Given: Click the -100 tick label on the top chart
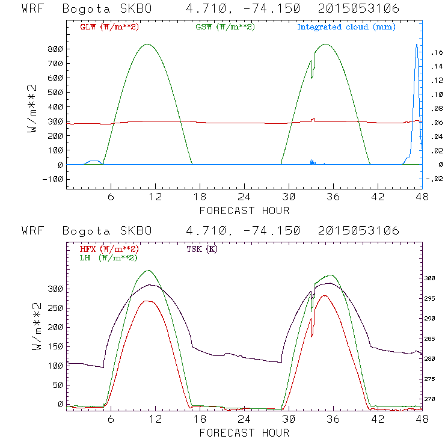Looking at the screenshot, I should [x=52, y=179].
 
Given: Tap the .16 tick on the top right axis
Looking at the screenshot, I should [x=436, y=53].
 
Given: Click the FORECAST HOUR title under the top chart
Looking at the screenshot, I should [x=244, y=211].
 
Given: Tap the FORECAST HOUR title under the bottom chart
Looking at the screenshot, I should [x=244, y=433].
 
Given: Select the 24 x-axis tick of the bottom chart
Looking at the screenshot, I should [x=244, y=419].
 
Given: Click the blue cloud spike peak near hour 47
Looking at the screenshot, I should [x=417, y=44].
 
